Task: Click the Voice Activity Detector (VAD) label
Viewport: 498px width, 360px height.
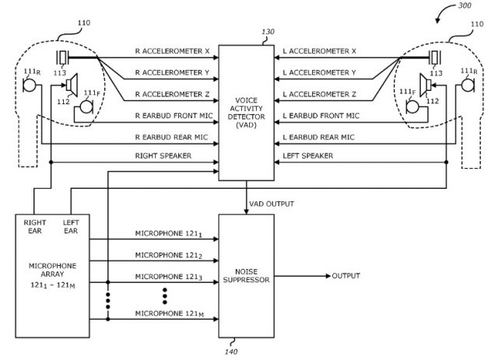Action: click(x=246, y=113)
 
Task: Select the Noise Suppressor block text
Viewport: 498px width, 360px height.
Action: click(x=246, y=275)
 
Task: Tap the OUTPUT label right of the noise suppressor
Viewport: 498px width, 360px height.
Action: click(x=345, y=275)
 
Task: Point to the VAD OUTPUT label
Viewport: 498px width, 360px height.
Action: click(x=272, y=204)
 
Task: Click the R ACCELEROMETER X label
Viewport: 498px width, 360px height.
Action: click(x=173, y=51)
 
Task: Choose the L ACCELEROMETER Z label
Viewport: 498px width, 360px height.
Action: click(x=319, y=94)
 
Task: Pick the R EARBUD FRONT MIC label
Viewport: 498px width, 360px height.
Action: click(x=174, y=116)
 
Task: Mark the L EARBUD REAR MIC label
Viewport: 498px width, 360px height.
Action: click(x=318, y=137)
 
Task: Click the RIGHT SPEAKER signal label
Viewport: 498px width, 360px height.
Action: click(x=163, y=156)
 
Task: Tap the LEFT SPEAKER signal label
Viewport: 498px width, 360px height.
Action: click(x=308, y=156)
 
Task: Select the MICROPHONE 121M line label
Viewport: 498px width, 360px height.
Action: click(x=170, y=314)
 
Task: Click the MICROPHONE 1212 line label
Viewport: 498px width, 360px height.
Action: click(x=169, y=256)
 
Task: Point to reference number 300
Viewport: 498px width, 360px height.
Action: click(x=465, y=5)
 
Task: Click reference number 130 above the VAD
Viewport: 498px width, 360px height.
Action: click(x=268, y=32)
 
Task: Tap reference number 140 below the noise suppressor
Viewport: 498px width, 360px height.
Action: click(x=231, y=351)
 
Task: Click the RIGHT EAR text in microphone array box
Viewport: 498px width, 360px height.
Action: click(x=35, y=227)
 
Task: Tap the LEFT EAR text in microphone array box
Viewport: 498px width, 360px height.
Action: click(x=71, y=227)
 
